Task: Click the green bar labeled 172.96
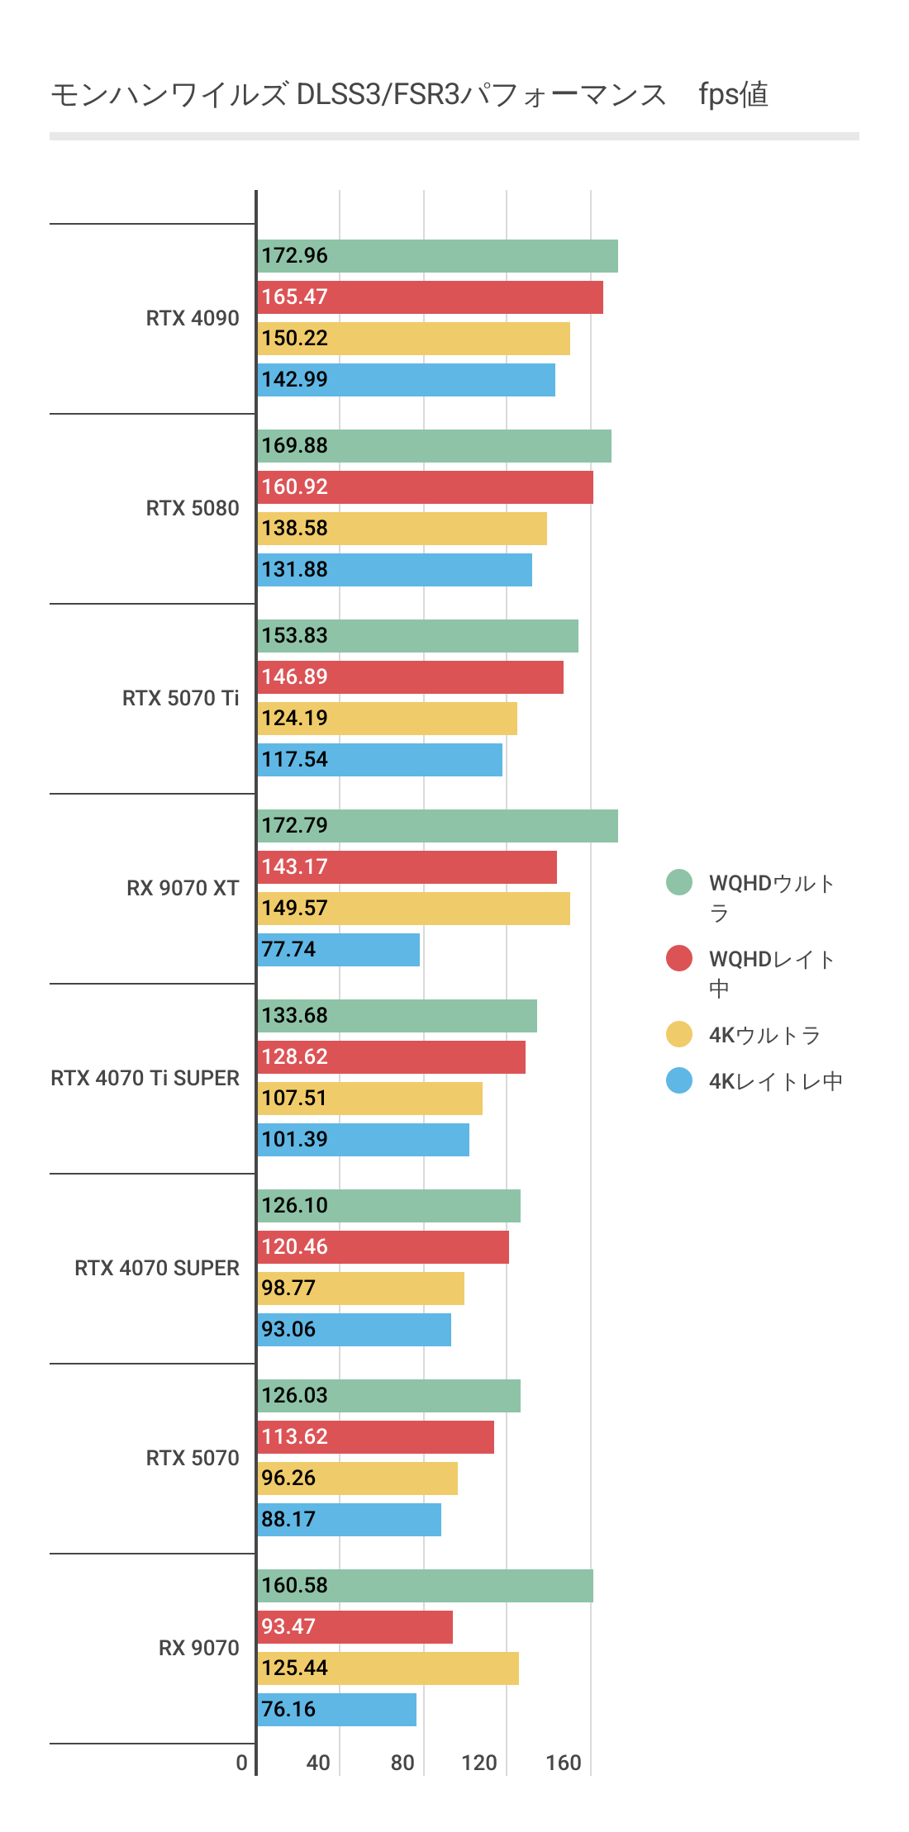point(438,256)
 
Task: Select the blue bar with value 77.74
point(339,950)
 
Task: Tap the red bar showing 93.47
point(355,1627)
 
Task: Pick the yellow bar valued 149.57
point(413,909)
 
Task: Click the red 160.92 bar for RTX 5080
point(426,487)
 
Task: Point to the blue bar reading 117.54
point(380,760)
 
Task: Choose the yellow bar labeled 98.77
point(361,1289)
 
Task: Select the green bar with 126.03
point(389,1396)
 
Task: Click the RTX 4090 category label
point(193,318)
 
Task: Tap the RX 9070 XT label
point(183,888)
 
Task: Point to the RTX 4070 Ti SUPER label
point(145,1078)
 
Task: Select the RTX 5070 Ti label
point(180,698)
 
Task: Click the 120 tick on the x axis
point(479,1763)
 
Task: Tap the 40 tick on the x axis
point(318,1763)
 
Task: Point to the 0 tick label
point(241,1763)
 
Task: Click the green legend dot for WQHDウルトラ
point(679,882)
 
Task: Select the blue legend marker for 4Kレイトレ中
point(679,1080)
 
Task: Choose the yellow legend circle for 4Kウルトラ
point(679,1034)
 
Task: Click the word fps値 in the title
point(733,94)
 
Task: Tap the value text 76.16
point(288,1709)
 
